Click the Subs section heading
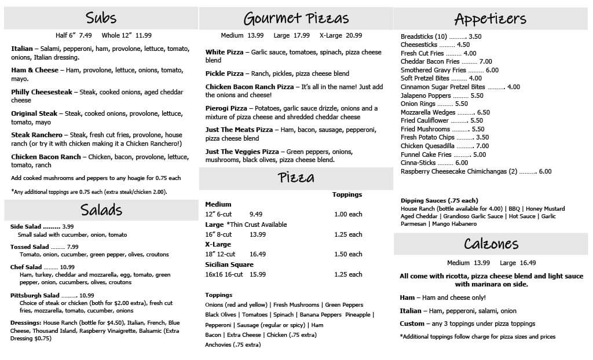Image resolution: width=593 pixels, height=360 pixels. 101,17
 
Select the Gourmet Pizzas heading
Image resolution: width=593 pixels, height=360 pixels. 296,18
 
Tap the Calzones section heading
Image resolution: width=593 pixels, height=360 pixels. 490,243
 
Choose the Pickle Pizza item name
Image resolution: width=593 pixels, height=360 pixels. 225,74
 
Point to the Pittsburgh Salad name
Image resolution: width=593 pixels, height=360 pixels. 35,295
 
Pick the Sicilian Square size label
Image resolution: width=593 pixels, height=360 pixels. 229,265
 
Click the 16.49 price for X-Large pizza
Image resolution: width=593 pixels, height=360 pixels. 258,254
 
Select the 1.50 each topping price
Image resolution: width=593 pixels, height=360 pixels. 348,254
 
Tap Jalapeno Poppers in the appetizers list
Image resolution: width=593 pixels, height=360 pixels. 426,95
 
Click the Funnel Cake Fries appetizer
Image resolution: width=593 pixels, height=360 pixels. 426,155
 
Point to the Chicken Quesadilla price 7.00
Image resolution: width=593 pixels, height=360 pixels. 482,146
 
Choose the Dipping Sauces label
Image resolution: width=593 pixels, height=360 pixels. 440,201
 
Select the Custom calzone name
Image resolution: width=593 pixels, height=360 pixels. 412,324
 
